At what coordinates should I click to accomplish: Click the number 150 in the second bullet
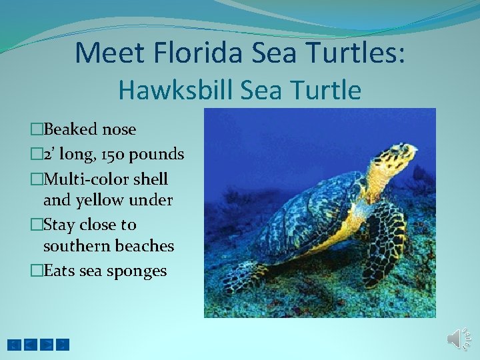pos(110,155)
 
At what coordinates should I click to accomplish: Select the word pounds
pos(157,155)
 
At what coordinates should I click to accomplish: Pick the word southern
pos(73,246)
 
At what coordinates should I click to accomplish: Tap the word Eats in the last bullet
pos(57,271)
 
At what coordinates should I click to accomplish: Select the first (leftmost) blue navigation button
pos(14,345)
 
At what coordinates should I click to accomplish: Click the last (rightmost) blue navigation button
pos(62,345)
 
